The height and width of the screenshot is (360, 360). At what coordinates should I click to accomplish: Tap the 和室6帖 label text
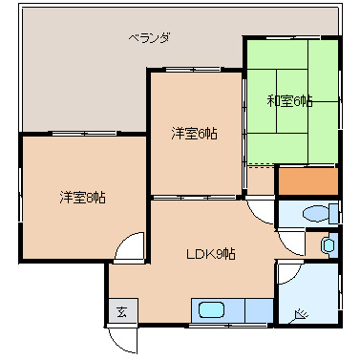[289, 100]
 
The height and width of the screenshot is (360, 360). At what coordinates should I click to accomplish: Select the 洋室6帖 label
[194, 133]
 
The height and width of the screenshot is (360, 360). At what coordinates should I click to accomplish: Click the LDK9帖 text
[210, 254]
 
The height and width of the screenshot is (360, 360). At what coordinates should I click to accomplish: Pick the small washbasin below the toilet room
[328, 245]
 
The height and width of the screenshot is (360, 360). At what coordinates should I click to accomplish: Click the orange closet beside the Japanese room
[307, 179]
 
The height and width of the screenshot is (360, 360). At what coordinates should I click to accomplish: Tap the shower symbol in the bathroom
[303, 314]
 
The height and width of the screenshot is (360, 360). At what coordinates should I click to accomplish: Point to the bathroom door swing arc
[287, 273]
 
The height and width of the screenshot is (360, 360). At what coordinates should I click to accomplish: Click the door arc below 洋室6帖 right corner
[258, 211]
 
